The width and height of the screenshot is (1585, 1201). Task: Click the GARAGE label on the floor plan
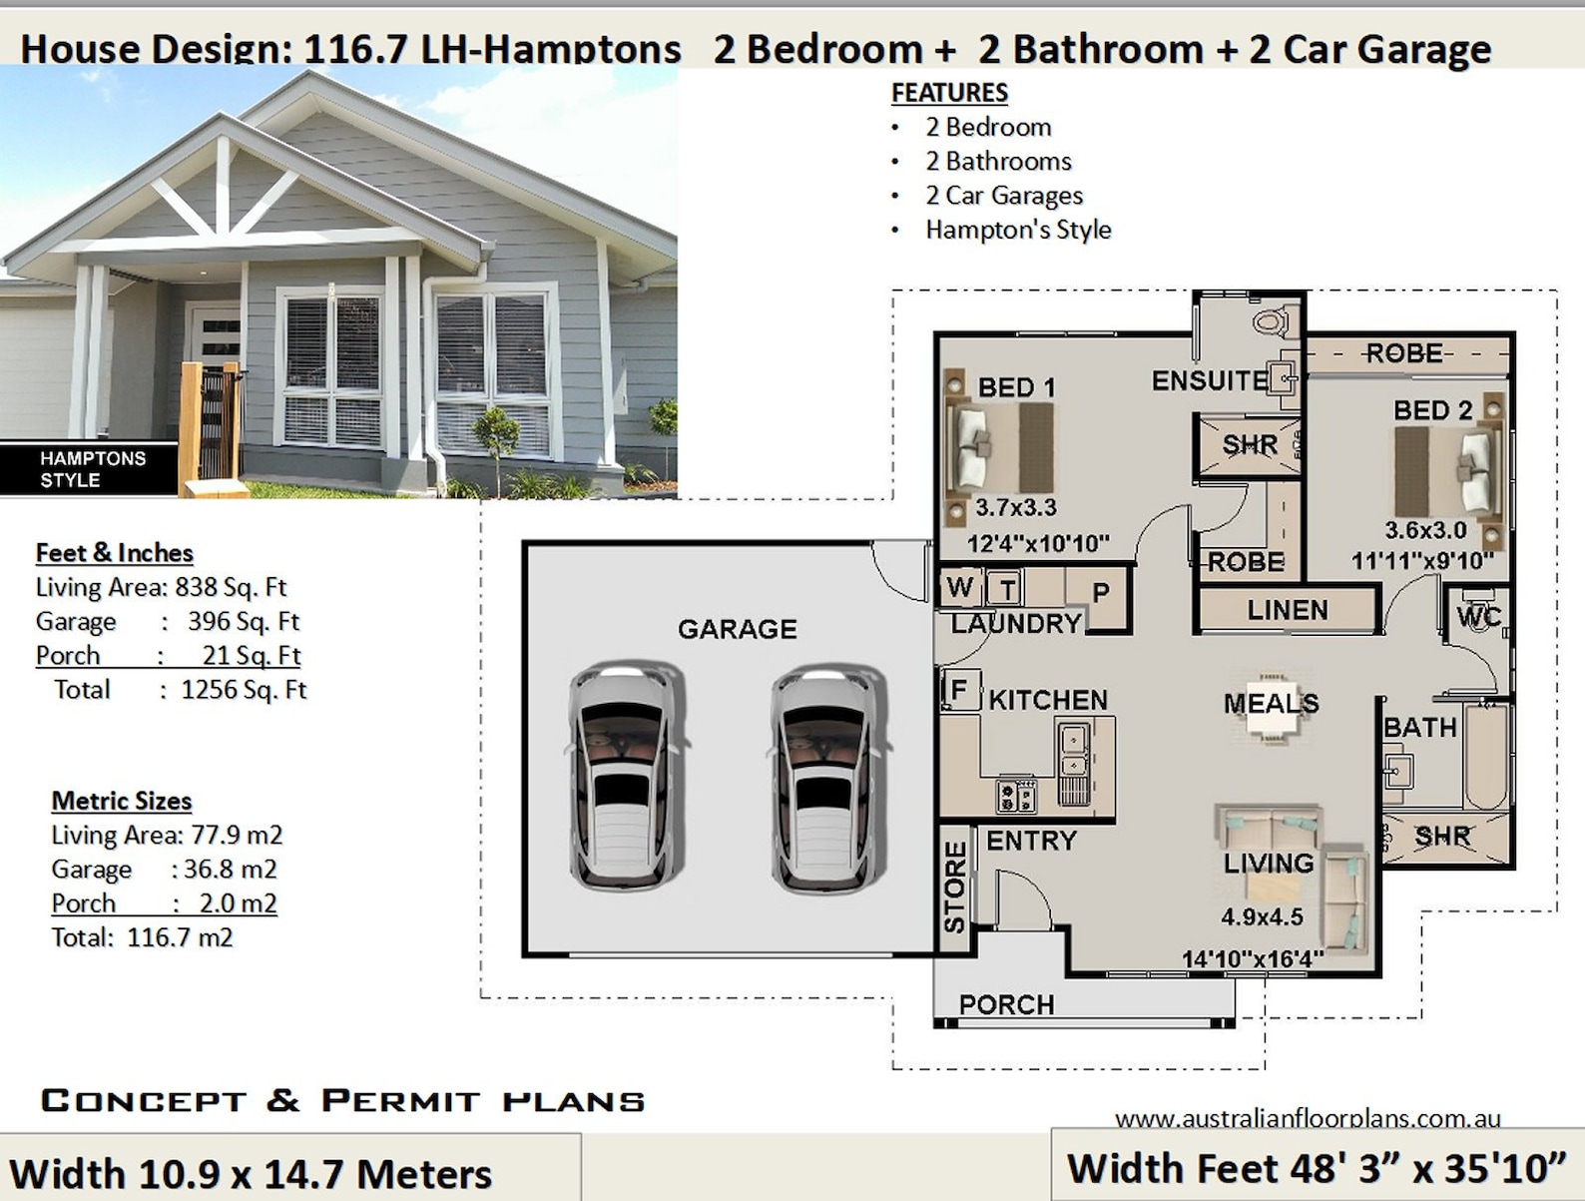click(737, 629)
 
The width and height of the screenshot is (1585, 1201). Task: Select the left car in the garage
click(626, 776)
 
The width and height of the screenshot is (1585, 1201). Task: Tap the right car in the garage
click(827, 776)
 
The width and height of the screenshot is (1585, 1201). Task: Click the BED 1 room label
click(1016, 387)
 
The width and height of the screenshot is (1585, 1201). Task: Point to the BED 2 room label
click(1432, 410)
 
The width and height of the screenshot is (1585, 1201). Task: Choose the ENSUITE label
click(1209, 380)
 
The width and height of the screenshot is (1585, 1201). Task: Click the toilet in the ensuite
click(1271, 321)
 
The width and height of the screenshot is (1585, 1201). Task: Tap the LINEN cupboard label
click(1288, 610)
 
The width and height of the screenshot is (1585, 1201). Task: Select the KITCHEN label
click(1048, 700)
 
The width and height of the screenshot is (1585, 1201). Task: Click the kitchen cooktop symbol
click(1017, 796)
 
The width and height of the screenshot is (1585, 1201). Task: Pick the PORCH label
click(1006, 1004)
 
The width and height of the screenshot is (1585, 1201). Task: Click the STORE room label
click(955, 886)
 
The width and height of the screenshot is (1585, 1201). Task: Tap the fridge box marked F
click(959, 690)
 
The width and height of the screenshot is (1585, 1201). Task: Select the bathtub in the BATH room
click(1487, 756)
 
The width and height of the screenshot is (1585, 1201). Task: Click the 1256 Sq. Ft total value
click(244, 690)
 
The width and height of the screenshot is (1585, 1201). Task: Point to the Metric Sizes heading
click(121, 801)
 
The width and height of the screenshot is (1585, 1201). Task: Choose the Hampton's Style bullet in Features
click(1017, 230)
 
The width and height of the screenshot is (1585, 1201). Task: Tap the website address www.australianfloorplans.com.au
click(1307, 1118)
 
